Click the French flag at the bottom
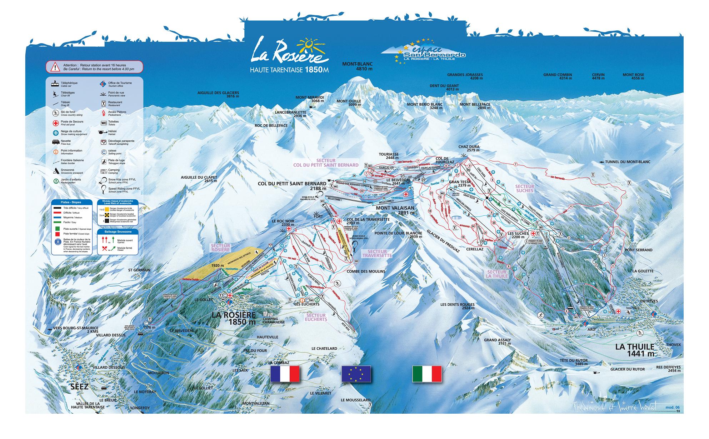click(285, 374)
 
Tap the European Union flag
click(356, 374)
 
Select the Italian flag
click(427, 374)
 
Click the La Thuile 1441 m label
click(635, 350)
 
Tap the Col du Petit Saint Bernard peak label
click(292, 186)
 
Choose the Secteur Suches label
click(524, 188)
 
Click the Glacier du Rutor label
click(628, 369)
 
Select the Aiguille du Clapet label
click(199, 179)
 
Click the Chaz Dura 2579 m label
click(469, 148)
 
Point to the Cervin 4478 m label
click(598, 76)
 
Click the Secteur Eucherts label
click(316, 317)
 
